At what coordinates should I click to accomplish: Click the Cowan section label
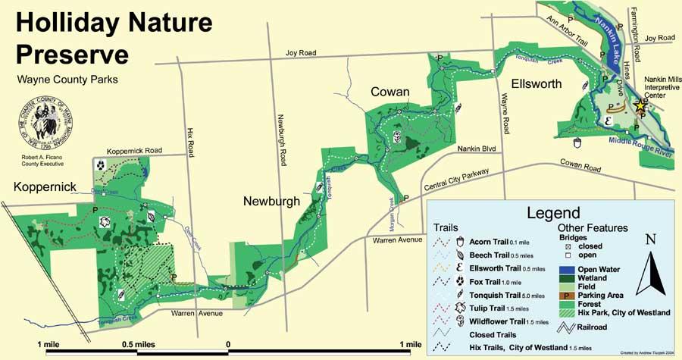(390, 92)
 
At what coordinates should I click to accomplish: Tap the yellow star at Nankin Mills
(641, 107)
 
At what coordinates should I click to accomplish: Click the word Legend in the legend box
(553, 213)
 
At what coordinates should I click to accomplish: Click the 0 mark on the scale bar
(228, 345)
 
